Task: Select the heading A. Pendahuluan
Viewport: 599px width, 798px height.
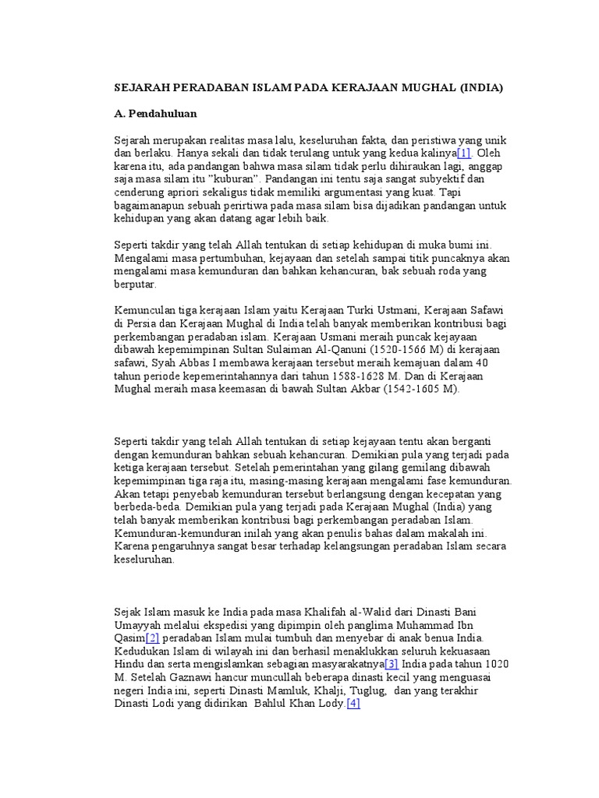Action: (154, 113)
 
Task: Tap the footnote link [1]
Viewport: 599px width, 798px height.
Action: (464, 153)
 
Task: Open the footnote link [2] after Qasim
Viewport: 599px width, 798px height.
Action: (148, 638)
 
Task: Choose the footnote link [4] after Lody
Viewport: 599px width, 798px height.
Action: (353, 704)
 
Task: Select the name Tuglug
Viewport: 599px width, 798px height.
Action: (369, 690)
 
